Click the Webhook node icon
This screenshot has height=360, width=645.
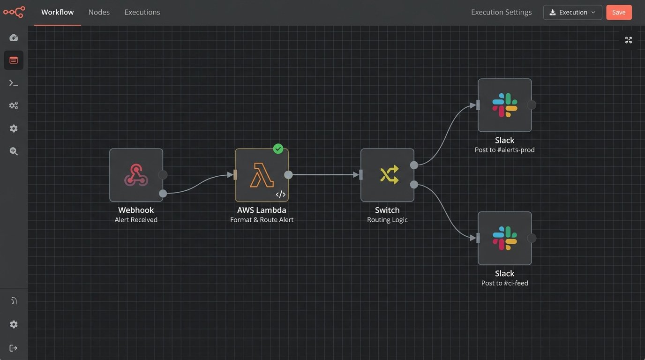tap(136, 175)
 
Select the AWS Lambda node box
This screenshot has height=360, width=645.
tap(262, 175)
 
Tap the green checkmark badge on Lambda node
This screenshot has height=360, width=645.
tap(278, 149)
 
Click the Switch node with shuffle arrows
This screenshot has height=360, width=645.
tap(387, 175)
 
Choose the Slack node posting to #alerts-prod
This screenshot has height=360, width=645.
tap(504, 105)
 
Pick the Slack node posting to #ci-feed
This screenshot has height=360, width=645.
tap(504, 238)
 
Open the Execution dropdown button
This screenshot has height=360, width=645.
tap(572, 12)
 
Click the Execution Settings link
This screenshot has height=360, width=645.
tap(501, 12)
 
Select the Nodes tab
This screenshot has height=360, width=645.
tap(99, 12)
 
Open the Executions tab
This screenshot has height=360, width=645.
tap(142, 12)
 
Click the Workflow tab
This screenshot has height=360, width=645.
tap(57, 12)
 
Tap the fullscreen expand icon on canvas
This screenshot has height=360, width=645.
tap(629, 40)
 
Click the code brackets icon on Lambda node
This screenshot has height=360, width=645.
tap(280, 194)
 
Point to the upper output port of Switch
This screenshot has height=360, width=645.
tap(414, 165)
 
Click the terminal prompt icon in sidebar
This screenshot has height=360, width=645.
tap(14, 83)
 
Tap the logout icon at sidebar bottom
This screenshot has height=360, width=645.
tap(14, 348)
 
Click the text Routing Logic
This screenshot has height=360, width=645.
tap(387, 220)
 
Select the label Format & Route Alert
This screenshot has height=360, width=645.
tap(262, 220)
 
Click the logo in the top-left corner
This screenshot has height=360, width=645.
tap(14, 12)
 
